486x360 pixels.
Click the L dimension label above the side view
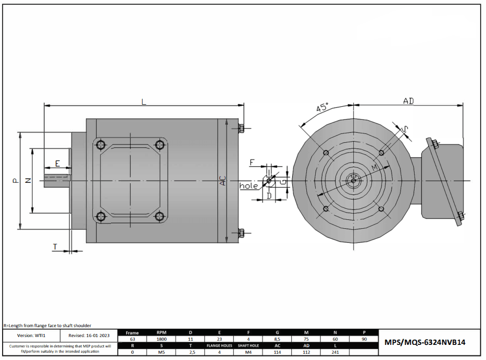click(x=144, y=102)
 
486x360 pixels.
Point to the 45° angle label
click(x=323, y=108)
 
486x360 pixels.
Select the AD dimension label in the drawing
click(x=408, y=101)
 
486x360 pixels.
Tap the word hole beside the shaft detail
click(x=248, y=186)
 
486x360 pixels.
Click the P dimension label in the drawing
click(x=15, y=181)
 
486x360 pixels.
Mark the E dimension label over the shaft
click(x=57, y=164)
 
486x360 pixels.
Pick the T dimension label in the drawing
click(x=55, y=246)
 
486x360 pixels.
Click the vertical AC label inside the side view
click(x=223, y=181)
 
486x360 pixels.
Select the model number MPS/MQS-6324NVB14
click(x=425, y=342)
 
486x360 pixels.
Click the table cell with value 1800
click(x=161, y=339)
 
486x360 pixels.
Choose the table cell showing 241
click(x=335, y=352)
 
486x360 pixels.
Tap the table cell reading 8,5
click(x=278, y=339)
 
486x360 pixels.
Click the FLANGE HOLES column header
click(x=219, y=345)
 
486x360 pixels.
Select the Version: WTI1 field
click(x=32, y=336)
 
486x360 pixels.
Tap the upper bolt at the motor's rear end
click(x=241, y=128)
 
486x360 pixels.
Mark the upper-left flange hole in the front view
click(x=326, y=153)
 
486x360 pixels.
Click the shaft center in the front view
click(x=354, y=181)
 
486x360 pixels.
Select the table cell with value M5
click(x=161, y=352)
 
